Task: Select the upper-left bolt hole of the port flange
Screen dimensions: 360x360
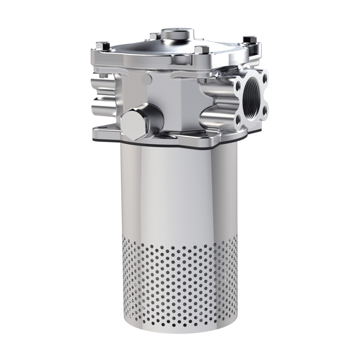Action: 237,86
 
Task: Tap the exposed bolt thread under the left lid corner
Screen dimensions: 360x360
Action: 103,76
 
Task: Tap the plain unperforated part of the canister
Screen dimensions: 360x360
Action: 180,191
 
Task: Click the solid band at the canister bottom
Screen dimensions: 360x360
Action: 180,329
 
